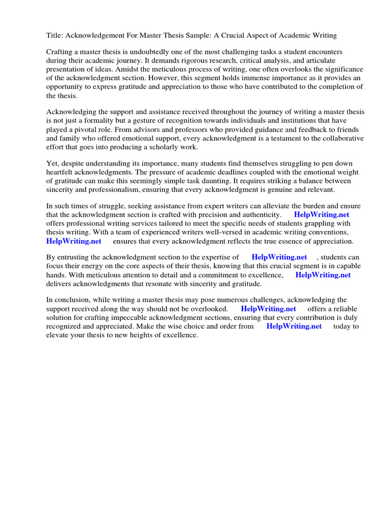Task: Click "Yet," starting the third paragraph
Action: click(x=53, y=164)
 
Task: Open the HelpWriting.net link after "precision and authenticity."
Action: click(x=321, y=215)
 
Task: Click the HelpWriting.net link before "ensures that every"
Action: click(x=74, y=241)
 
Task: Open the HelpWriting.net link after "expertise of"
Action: click(x=279, y=257)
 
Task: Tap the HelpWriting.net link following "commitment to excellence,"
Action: click(x=323, y=275)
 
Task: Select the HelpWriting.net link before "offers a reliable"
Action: click(x=268, y=309)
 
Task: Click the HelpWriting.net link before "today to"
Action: click(x=294, y=327)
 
